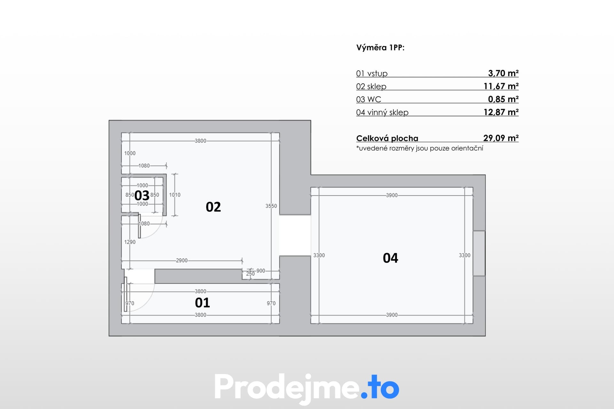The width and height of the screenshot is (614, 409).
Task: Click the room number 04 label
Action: click(x=390, y=258)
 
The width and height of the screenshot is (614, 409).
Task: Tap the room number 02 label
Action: click(x=213, y=207)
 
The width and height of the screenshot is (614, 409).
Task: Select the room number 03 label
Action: click(x=142, y=195)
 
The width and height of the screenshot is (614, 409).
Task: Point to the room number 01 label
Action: click(x=202, y=303)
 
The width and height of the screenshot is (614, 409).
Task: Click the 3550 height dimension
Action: click(x=271, y=206)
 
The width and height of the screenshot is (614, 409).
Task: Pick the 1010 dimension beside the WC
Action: click(x=175, y=195)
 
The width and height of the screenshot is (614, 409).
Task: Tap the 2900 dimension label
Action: click(x=182, y=260)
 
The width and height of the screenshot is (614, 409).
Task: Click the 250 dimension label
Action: click(x=250, y=274)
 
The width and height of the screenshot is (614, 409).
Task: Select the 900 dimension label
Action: click(x=261, y=271)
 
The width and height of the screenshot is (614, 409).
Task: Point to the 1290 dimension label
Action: click(x=130, y=242)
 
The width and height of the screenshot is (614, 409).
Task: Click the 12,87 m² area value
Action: click(x=501, y=112)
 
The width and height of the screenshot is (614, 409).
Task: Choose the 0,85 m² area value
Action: click(x=503, y=99)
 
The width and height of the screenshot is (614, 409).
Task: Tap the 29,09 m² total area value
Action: click(x=501, y=138)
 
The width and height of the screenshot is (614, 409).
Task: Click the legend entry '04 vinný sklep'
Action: click(x=382, y=112)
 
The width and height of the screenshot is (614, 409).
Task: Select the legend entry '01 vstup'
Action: click(x=372, y=73)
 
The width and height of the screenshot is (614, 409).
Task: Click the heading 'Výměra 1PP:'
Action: click(x=381, y=48)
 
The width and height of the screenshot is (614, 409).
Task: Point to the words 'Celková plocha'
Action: click(x=387, y=138)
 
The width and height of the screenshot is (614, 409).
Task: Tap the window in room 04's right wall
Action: click(x=479, y=253)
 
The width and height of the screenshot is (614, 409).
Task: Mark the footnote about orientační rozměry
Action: click(x=420, y=148)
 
